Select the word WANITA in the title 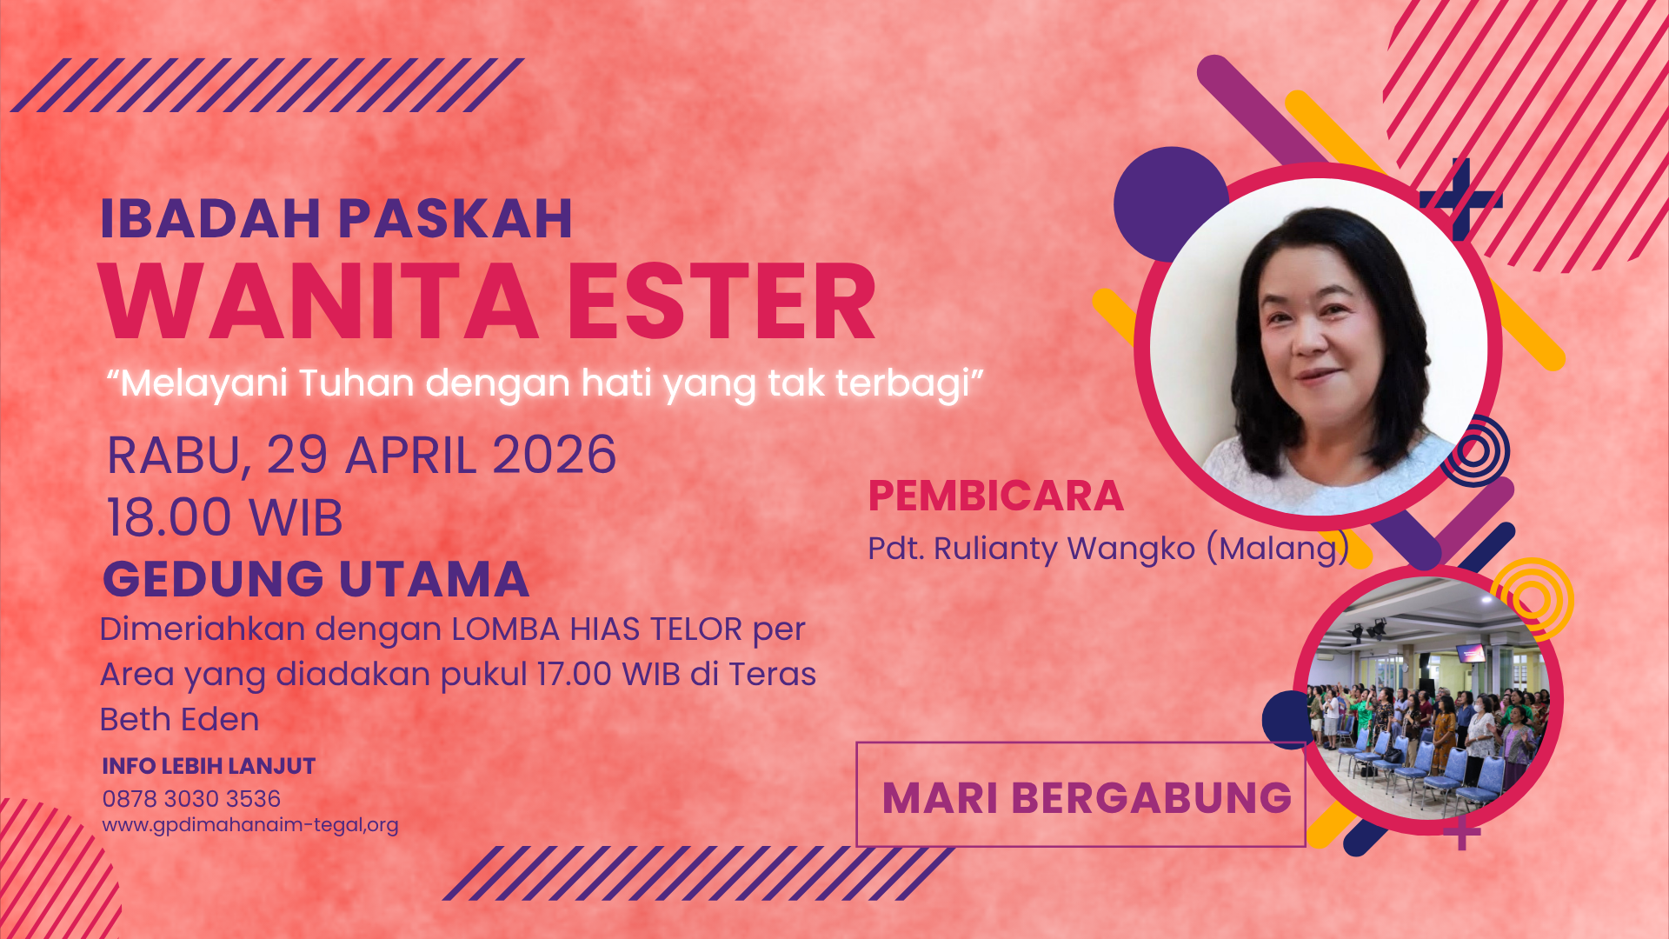pos(318,303)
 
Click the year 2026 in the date pos(555,455)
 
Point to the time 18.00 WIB pos(224,517)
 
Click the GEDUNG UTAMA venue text pos(316,579)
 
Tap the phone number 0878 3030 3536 pos(191,799)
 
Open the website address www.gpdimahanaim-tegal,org pos(250,825)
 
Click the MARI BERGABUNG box pos(1081,795)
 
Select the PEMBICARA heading pos(996,496)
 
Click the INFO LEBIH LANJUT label pos(209,766)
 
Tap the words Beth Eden pos(179,720)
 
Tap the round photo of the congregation pos(1428,699)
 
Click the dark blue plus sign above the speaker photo pos(1461,200)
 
